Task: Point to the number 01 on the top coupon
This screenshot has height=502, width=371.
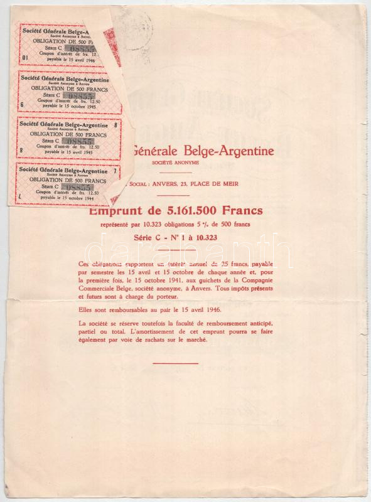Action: pyautogui.click(x=25, y=58)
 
